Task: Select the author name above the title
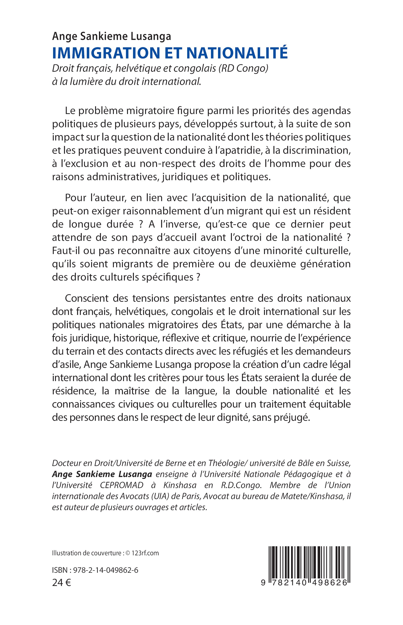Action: [x=111, y=36]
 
